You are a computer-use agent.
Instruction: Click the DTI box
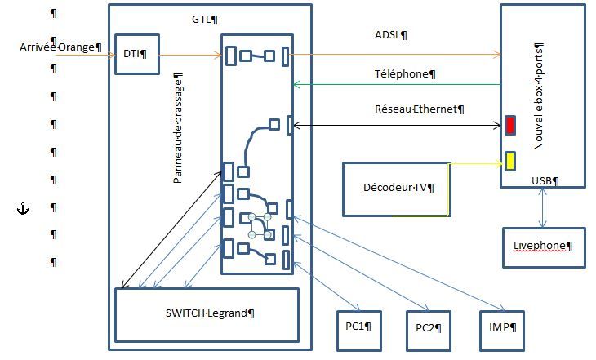137,54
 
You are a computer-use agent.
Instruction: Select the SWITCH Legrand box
207,315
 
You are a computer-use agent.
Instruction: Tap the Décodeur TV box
397,189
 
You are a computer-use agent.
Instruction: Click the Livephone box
544,247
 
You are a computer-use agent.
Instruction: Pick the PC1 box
358,330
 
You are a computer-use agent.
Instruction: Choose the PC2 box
429,330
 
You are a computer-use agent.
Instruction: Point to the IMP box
502,330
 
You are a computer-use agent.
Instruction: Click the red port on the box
510,125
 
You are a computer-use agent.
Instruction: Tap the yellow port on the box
510,161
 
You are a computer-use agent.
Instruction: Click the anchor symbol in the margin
23,209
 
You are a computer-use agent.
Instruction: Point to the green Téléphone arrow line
397,84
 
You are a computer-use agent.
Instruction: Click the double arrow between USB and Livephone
543,207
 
